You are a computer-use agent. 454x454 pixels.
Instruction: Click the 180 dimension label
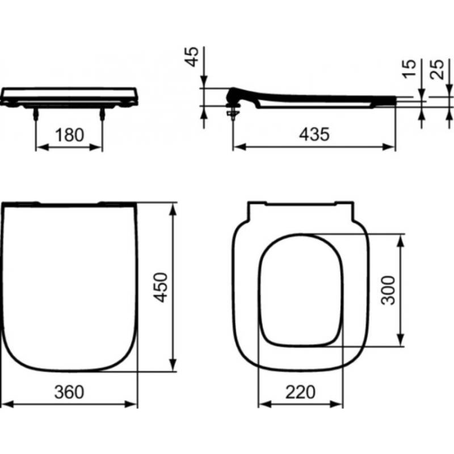pos(69,135)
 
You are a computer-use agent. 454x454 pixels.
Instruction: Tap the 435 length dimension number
pos(314,134)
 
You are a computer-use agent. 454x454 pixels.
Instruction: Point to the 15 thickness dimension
pos(409,69)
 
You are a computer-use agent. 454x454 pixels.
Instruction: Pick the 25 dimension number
pos(437,69)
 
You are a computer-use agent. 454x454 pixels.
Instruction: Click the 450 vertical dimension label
pos(161,287)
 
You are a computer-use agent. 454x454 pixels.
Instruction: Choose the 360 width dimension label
pos(69,392)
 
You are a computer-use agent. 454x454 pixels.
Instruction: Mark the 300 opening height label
pos(388,291)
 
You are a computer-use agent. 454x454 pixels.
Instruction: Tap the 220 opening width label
pos(300,392)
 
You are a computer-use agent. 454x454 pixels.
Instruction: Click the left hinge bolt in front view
pos(36,114)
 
